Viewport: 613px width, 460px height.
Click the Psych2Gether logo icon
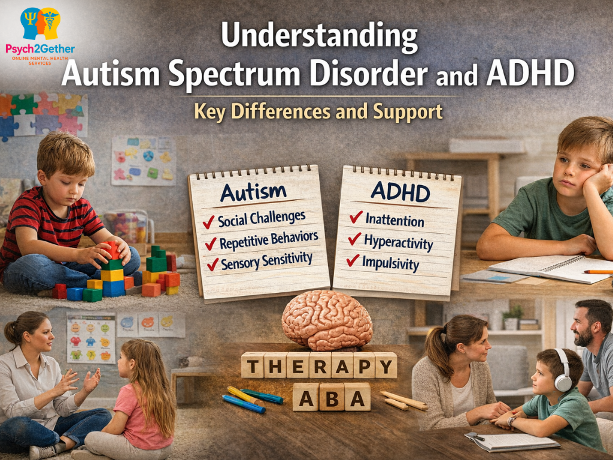[40, 24]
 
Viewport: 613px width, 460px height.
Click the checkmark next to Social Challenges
[209, 222]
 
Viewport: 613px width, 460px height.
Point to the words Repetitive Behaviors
[269, 240]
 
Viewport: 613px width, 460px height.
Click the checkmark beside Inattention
[356, 217]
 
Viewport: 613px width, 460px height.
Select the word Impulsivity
[391, 264]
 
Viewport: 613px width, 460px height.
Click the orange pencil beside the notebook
[597, 271]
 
